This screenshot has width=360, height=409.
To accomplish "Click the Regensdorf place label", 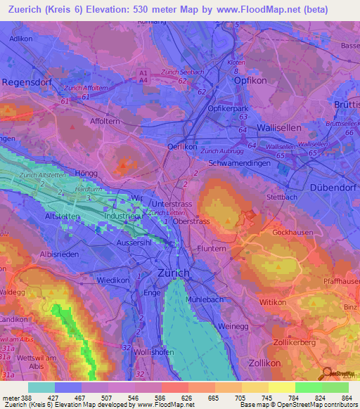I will click(x=29, y=82).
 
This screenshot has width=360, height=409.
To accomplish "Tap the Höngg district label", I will click(x=86, y=172).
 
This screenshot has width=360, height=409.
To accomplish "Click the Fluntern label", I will click(x=211, y=248).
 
